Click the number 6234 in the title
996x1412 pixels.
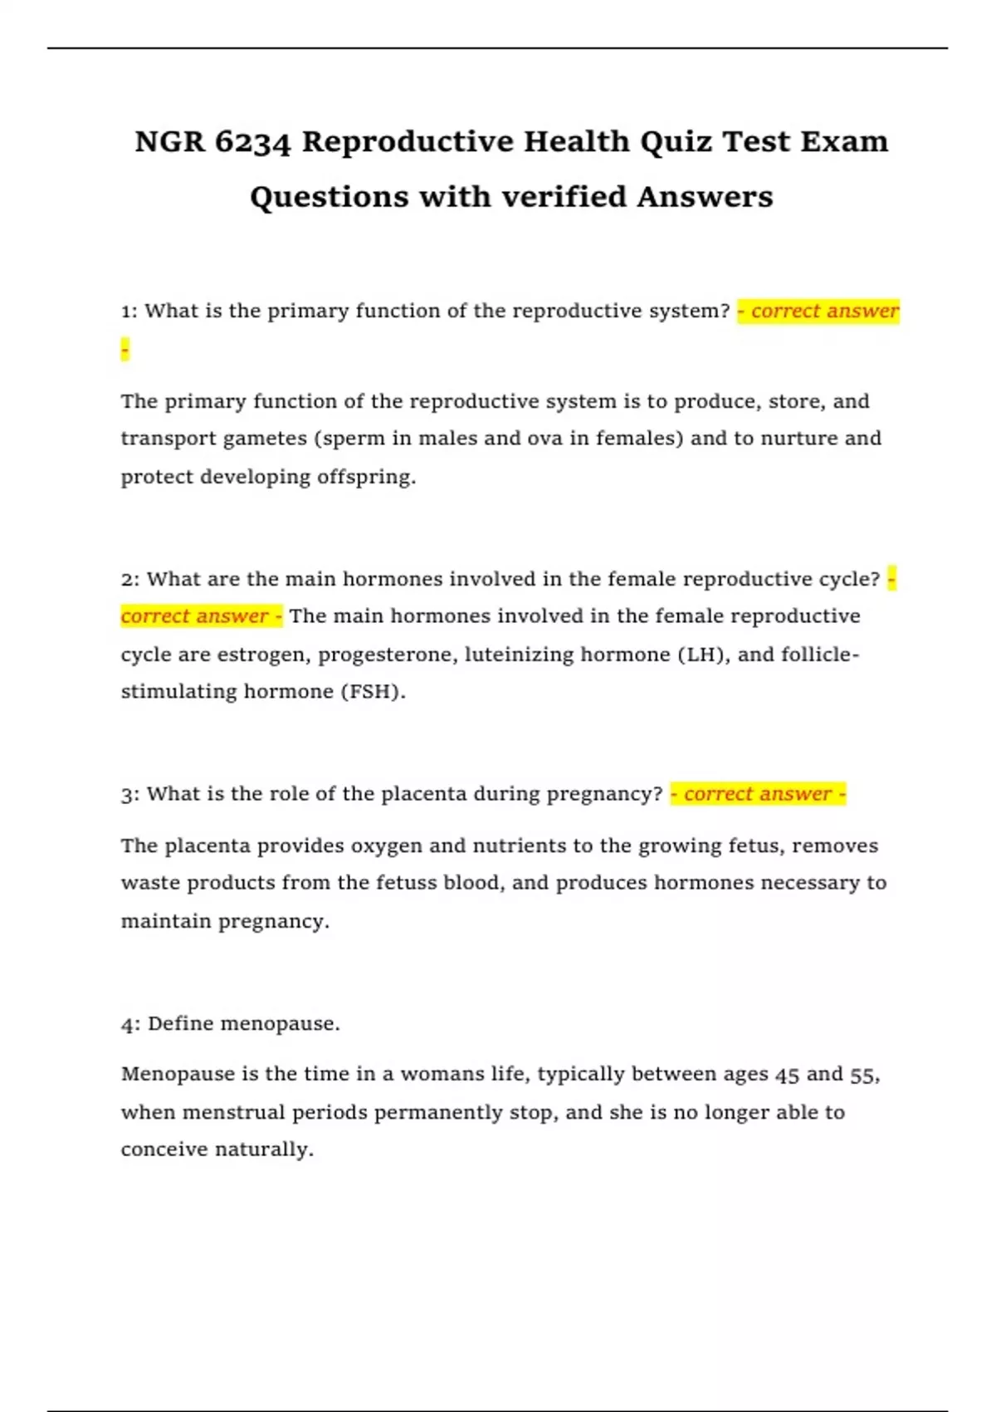(252, 142)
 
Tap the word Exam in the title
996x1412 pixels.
(844, 142)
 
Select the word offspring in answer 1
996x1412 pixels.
(365, 477)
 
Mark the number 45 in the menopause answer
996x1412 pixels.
(787, 1075)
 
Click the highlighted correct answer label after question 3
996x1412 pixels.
(758, 794)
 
